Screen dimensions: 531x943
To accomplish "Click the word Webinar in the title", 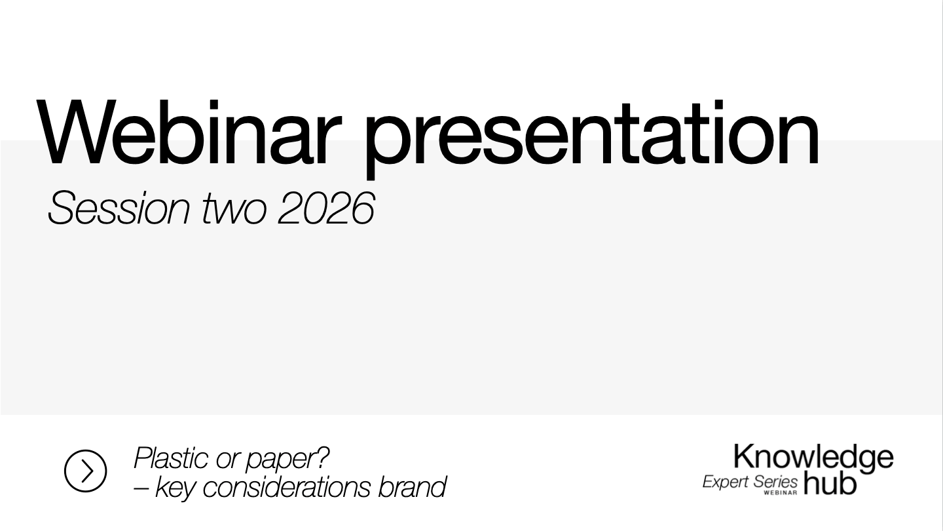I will point(190,134).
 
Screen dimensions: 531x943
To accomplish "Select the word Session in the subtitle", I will point(119,209).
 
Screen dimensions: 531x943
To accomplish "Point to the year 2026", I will point(325,209).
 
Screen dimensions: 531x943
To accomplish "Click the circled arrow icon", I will point(85,471).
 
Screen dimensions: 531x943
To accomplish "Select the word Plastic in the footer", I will point(171,458).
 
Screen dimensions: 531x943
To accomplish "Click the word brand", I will point(412,487).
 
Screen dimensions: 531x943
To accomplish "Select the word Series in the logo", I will point(775,482).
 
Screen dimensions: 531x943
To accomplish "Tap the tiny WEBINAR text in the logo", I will point(781,492).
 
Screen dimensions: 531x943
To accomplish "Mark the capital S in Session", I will point(60,209).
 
